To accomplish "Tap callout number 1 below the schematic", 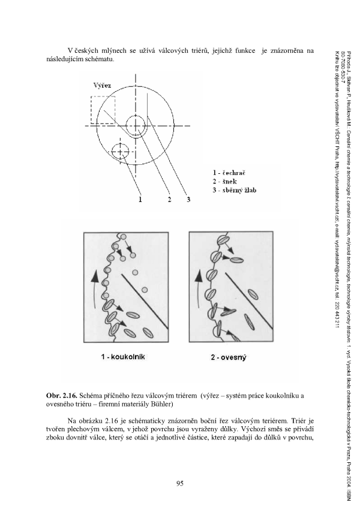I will [140, 199].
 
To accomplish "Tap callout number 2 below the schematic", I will [170, 199].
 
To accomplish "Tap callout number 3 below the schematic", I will [188, 199].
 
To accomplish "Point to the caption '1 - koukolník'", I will [124, 358].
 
